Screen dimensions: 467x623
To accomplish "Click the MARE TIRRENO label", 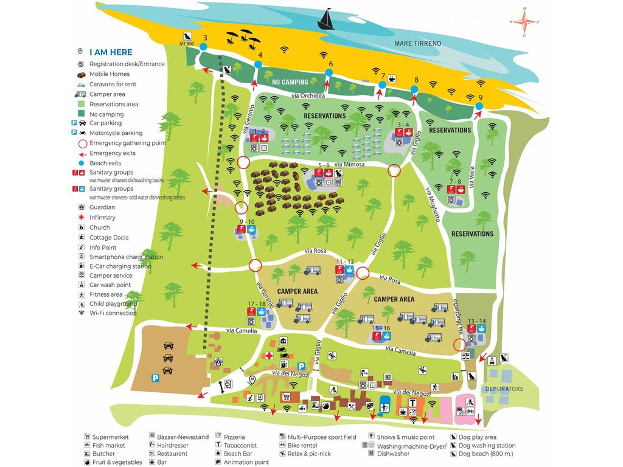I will click(x=417, y=44).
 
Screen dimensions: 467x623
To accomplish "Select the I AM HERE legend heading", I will click(x=111, y=52).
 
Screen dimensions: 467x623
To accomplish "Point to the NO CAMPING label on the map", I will click(x=290, y=81).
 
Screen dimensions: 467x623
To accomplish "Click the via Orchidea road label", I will click(x=308, y=96).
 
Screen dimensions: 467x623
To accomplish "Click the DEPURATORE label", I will click(x=504, y=389).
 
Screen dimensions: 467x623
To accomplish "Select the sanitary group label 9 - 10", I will click(x=247, y=222).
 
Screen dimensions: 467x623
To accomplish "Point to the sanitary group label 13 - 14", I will click(x=477, y=320).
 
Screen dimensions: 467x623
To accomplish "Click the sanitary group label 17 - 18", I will click(x=256, y=303).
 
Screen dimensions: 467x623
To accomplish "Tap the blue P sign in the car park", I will click(x=156, y=378).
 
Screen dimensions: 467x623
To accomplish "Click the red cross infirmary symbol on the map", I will click(x=268, y=355).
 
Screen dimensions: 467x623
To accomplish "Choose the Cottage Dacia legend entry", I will click(x=109, y=237).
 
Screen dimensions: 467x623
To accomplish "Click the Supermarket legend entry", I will click(x=110, y=437).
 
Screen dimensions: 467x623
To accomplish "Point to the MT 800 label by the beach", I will click(x=187, y=44).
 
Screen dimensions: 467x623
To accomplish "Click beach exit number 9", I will click(x=479, y=106).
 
